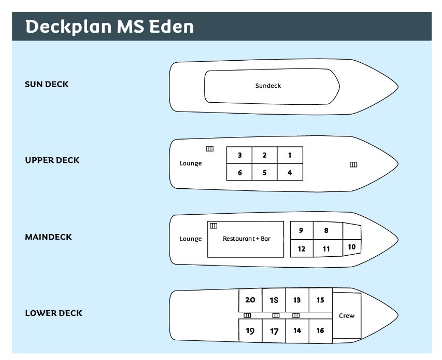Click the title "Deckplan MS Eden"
pos(109,26)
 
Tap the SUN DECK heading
pos(47,85)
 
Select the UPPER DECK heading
pos(52,160)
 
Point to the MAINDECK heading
pos(49,237)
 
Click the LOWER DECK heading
pos(53,313)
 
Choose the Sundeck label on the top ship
pos(268,86)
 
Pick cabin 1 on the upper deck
pos(290,155)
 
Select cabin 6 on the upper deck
pos(239,172)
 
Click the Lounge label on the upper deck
pos(191,163)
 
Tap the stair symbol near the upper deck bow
pos(353,164)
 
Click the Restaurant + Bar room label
pos(247,239)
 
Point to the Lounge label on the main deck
pos(191,239)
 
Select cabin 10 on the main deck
pos(352,247)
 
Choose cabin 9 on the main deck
pos(302,230)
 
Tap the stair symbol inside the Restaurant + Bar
pos(213,226)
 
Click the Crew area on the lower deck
pos(347,316)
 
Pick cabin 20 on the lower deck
pos(250,300)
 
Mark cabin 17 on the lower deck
pos(274,331)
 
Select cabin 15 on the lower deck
pos(321,300)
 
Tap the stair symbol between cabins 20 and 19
pos(247,315)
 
